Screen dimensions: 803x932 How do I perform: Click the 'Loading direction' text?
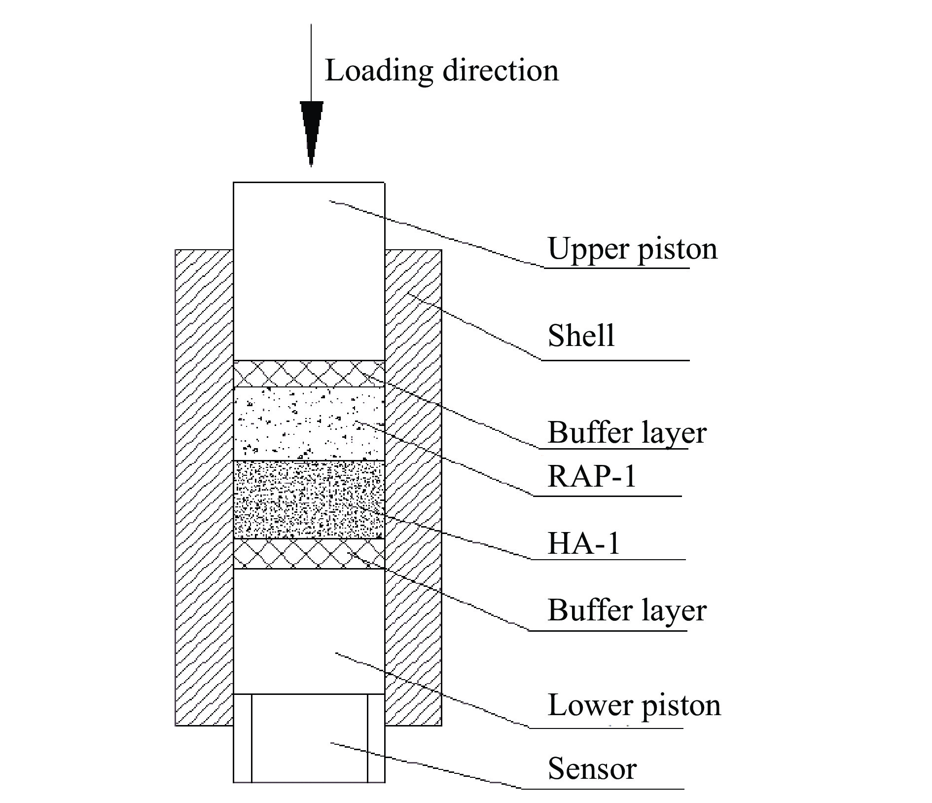[441, 71]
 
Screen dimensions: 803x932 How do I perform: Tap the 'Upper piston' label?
[632, 249]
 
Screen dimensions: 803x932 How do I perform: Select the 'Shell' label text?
[581, 336]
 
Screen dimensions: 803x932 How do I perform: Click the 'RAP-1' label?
[592, 477]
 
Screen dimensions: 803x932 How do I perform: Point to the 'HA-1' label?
[583, 543]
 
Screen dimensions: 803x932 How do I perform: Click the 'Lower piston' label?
[634, 705]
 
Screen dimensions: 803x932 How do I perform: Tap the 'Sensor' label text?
[592, 769]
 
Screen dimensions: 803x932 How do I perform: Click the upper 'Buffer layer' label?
[627, 433]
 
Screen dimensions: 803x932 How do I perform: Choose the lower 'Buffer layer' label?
[627, 611]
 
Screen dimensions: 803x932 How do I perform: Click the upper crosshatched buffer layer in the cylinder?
[309, 374]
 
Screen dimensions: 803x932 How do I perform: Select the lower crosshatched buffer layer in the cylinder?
[309, 553]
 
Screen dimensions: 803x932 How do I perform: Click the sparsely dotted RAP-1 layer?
[309, 423]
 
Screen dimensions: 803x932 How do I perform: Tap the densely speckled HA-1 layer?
[309, 499]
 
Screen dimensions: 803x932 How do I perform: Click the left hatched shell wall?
[204, 487]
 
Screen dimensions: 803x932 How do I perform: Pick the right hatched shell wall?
[413, 487]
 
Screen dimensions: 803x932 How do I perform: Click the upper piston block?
[309, 271]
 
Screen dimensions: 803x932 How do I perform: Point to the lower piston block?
[309, 631]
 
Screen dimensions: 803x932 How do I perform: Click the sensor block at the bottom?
[309, 738]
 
